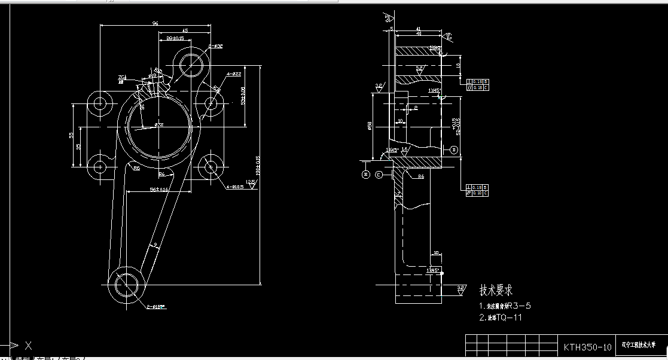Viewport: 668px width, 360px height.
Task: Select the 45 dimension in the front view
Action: (185, 30)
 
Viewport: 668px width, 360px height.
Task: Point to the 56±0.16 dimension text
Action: (159, 189)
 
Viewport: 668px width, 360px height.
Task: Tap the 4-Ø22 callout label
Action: (233, 74)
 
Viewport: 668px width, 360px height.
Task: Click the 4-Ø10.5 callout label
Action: (234, 187)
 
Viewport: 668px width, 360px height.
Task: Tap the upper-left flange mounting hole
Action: (99, 103)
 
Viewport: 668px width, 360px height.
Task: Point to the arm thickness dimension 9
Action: (155, 245)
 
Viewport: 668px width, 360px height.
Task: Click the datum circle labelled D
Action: (453, 150)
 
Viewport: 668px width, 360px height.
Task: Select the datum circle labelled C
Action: (379, 175)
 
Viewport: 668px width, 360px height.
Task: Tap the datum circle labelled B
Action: (366, 175)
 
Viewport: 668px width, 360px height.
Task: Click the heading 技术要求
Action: (496, 291)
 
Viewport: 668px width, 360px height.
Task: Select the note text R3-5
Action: (518, 306)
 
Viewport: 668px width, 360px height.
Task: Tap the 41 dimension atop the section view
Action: (417, 28)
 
